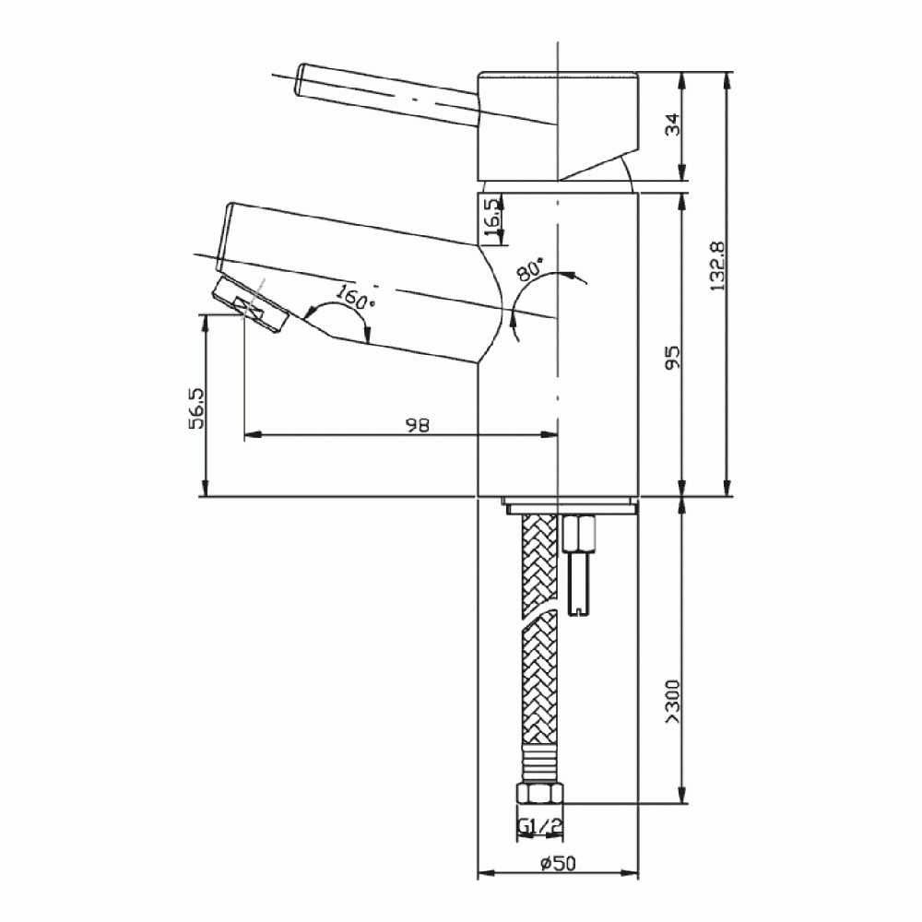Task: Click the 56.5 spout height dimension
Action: (195, 406)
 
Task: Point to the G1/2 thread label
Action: (539, 827)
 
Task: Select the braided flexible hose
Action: (538, 645)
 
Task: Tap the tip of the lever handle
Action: (301, 79)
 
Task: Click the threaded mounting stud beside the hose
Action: (580, 572)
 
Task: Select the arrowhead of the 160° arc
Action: (369, 337)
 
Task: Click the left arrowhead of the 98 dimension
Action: (251, 433)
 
